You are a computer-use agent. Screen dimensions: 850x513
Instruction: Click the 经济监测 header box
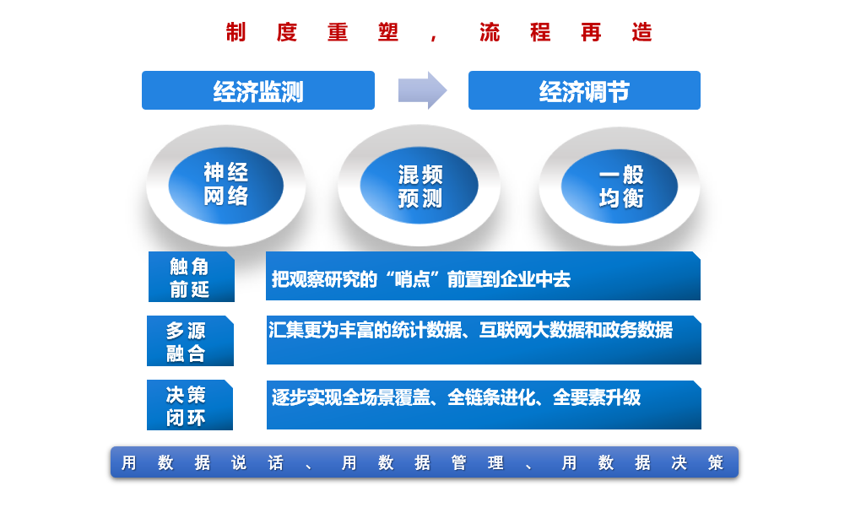pyautogui.click(x=258, y=90)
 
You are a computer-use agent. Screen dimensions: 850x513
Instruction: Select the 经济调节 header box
pyautogui.click(x=584, y=90)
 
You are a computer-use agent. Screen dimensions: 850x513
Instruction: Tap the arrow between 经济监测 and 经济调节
pyautogui.click(x=422, y=90)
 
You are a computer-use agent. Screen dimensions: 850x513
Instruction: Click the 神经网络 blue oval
pyautogui.click(x=226, y=186)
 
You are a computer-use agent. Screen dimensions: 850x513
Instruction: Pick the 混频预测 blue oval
pyautogui.click(x=419, y=186)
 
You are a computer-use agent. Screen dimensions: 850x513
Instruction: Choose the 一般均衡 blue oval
pyautogui.click(x=620, y=186)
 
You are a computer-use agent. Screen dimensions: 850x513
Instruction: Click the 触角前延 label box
pyautogui.click(x=192, y=277)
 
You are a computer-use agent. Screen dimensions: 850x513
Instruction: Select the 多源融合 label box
pyautogui.click(x=190, y=341)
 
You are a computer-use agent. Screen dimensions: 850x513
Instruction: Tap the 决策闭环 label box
pyautogui.click(x=190, y=405)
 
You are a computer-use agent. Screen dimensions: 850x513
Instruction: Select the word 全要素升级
pyautogui.click(x=597, y=398)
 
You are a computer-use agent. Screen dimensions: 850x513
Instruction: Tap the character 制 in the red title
pyautogui.click(x=236, y=33)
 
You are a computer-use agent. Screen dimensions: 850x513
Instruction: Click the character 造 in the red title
pyautogui.click(x=642, y=33)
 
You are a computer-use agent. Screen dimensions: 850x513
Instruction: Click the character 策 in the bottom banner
pyautogui.click(x=716, y=462)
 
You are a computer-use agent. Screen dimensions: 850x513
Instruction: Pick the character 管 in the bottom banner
pyautogui.click(x=458, y=462)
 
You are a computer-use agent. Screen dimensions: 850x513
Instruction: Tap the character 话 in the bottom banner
pyautogui.click(x=275, y=462)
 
